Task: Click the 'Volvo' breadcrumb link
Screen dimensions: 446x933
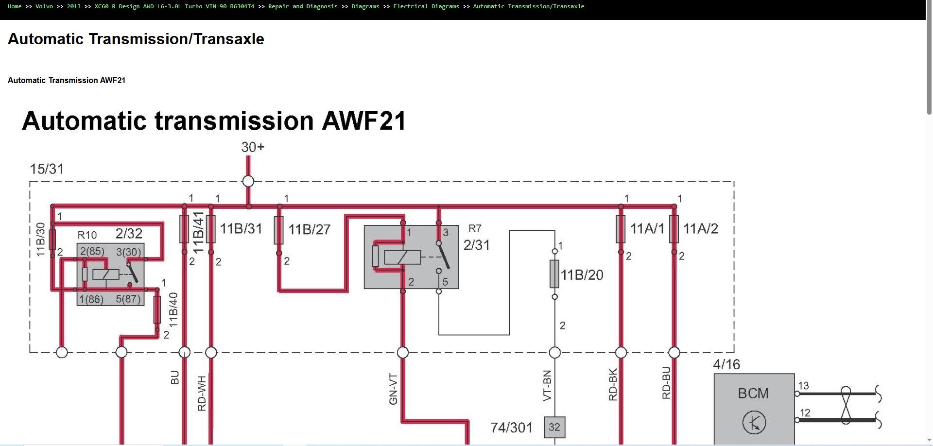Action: point(44,6)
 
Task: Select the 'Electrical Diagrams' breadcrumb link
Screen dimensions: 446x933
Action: point(426,6)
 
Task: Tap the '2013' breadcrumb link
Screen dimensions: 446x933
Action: point(73,6)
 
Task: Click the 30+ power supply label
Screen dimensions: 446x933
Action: point(253,147)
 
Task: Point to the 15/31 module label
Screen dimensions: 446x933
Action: point(47,169)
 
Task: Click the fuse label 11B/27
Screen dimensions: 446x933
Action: point(309,229)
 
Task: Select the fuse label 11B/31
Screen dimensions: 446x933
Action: point(241,228)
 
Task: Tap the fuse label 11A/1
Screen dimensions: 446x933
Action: point(647,228)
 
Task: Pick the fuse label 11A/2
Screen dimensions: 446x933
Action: point(700,228)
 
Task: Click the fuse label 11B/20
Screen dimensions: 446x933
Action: point(582,275)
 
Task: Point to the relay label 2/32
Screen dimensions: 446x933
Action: point(129,234)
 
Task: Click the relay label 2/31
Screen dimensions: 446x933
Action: point(476,245)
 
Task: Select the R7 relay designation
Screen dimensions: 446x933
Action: point(475,228)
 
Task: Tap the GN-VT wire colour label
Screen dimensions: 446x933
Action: point(394,389)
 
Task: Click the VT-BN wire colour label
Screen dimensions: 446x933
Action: point(547,386)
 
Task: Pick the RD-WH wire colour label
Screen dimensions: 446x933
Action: point(202,394)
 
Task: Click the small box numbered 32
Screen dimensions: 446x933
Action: point(554,427)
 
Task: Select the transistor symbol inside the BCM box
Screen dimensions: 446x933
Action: point(754,423)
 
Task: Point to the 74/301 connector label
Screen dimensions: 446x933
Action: point(511,428)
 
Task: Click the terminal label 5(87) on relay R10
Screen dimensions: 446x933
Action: point(128,299)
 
